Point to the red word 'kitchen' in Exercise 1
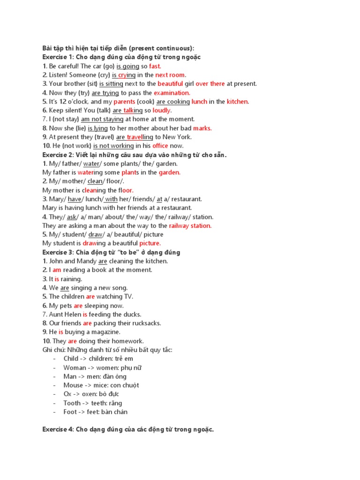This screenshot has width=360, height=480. pyautogui.click(x=238, y=102)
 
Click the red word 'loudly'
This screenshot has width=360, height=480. pyautogui.click(x=162, y=111)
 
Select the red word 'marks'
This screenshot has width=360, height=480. pyautogui.click(x=202, y=128)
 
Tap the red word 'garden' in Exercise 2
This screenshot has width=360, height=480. pyautogui.click(x=169, y=172)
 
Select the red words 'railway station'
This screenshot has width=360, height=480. pyautogui.click(x=190, y=225)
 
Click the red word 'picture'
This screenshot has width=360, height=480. pyautogui.click(x=150, y=243)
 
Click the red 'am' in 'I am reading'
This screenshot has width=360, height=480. pyautogui.click(x=57, y=270)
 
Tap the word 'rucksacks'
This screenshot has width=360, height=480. pyautogui.click(x=146, y=323)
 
